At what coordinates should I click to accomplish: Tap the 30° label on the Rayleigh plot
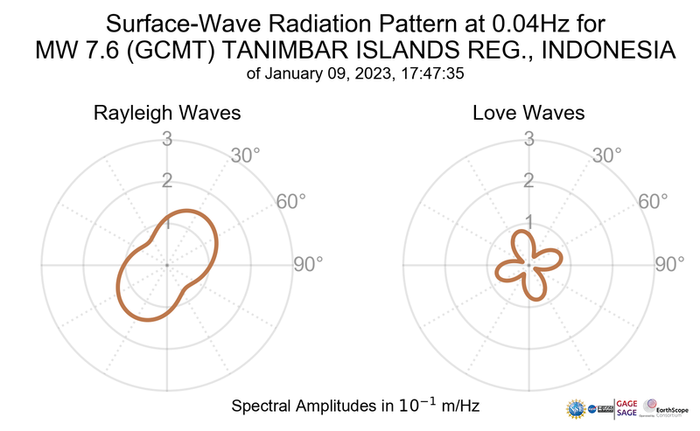[245, 156]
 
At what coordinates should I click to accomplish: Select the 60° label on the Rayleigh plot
[291, 201]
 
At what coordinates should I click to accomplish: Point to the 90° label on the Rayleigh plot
[307, 264]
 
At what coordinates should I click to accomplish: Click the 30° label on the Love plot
[607, 156]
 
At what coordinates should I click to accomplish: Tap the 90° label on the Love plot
[669, 264]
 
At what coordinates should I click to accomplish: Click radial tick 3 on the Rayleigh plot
[167, 139]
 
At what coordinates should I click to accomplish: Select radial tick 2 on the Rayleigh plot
[167, 181]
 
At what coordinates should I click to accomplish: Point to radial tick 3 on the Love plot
[528, 139]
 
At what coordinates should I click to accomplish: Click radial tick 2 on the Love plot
[528, 181]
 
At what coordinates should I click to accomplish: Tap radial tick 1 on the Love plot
[528, 222]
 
